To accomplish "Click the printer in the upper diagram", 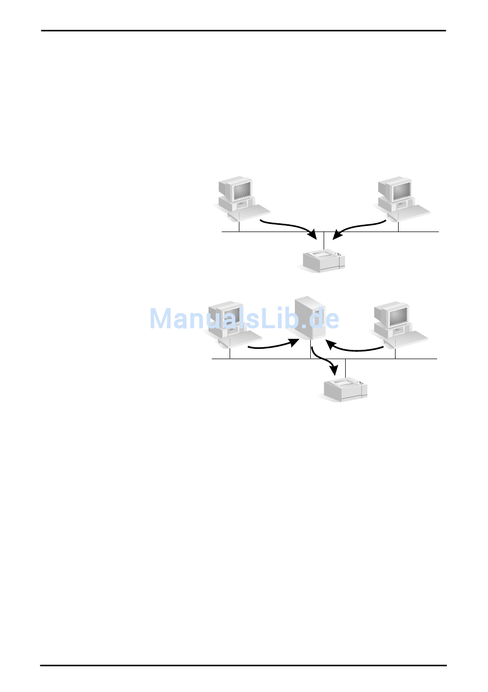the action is click(324, 260).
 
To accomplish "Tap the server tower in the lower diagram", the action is click(310, 317).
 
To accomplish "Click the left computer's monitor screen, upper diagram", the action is click(241, 190).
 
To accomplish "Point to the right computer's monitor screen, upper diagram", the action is click(401, 191).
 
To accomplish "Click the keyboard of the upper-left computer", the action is click(253, 211).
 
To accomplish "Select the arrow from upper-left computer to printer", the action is click(288, 226).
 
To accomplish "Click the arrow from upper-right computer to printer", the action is click(360, 226).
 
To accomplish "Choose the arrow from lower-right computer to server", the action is click(354, 348).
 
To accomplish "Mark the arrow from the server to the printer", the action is click(324, 361).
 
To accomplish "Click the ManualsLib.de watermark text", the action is click(244, 318).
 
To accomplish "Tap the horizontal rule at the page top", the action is click(243, 31).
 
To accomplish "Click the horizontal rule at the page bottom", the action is click(243, 665).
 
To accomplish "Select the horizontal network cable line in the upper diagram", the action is click(277, 232).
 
